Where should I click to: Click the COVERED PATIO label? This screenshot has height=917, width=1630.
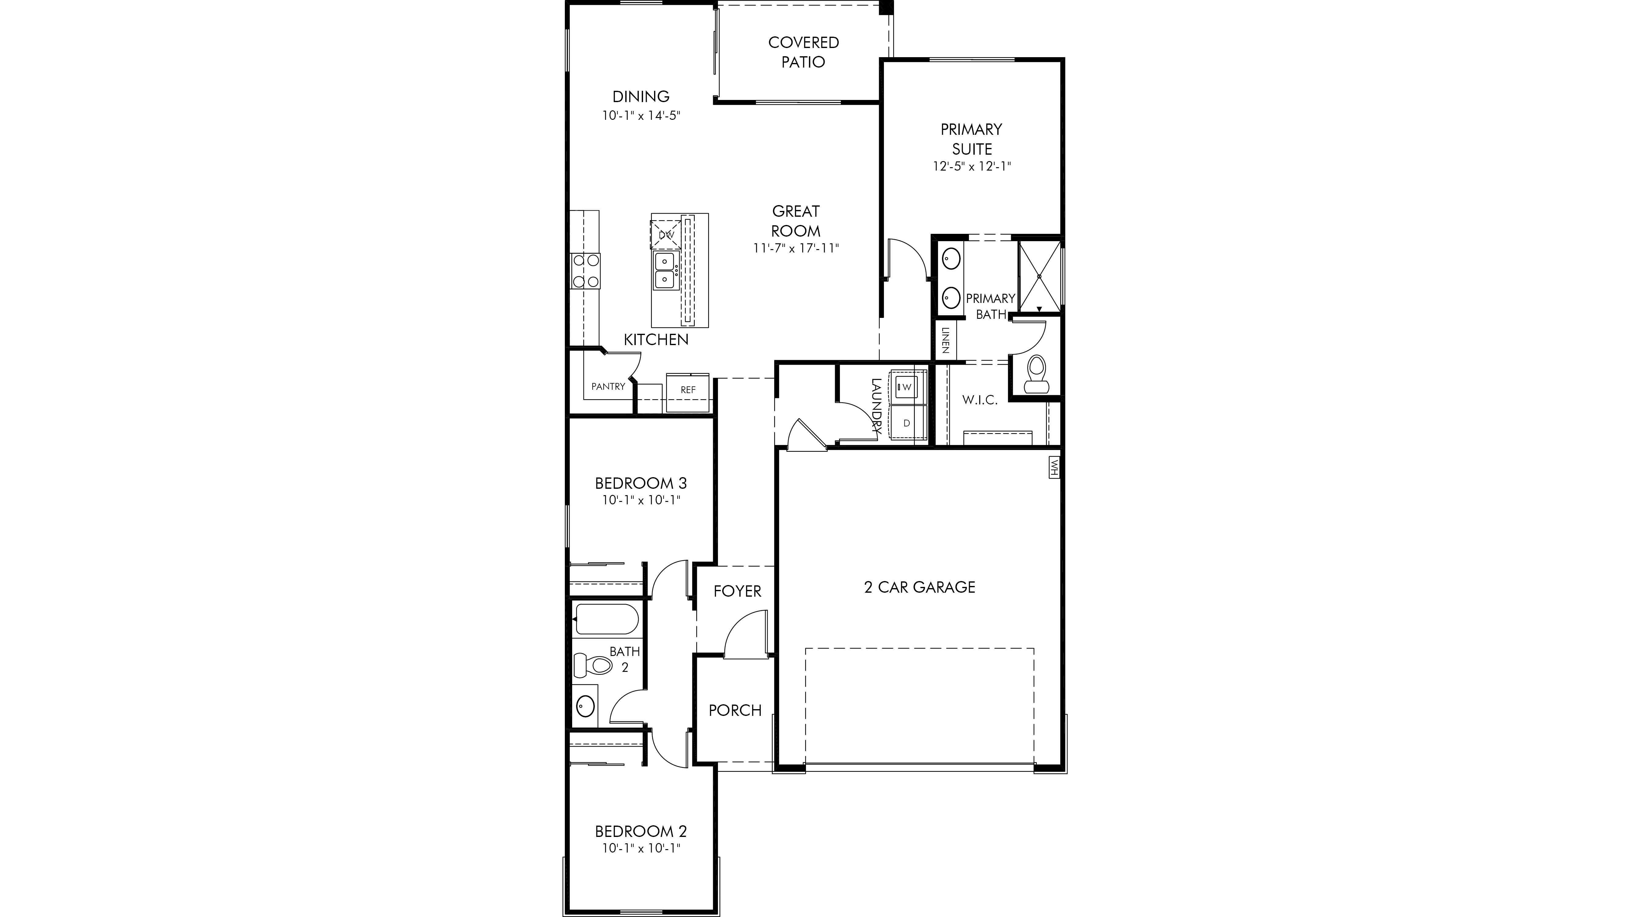(804, 52)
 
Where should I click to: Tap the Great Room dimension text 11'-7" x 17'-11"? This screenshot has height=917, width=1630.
(796, 248)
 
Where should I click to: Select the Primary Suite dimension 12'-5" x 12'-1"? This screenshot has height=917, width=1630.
(972, 167)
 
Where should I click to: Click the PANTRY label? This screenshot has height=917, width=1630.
(608, 386)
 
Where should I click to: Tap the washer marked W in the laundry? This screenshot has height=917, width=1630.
(907, 386)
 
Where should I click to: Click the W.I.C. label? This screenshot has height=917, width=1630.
(980, 400)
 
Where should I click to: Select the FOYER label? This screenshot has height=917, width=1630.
(737, 591)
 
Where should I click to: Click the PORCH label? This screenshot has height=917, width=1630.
(735, 710)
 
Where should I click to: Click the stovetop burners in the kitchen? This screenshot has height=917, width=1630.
(142, 271)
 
